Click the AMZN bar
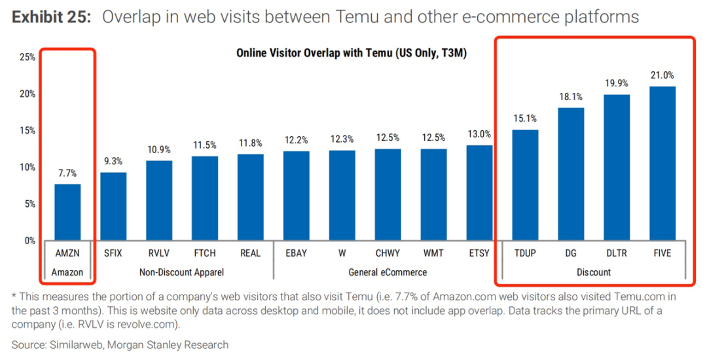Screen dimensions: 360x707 tap(67, 212)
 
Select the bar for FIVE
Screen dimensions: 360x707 tap(662, 164)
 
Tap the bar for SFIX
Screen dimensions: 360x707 tap(113, 206)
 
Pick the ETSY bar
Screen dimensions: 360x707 tap(479, 193)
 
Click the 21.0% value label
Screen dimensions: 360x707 tap(662, 75)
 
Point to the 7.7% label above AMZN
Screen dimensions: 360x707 tap(67, 173)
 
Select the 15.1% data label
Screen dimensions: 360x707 tap(525, 118)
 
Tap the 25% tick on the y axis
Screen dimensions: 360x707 tap(27, 57)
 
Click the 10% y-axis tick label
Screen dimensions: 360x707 tap(27, 167)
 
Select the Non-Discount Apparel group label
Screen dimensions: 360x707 tap(182, 272)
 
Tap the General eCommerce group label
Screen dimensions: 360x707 tap(388, 272)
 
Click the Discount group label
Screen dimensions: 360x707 tap(594, 272)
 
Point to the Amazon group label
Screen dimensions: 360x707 tap(67, 272)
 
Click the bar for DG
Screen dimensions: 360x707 tap(571, 174)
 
